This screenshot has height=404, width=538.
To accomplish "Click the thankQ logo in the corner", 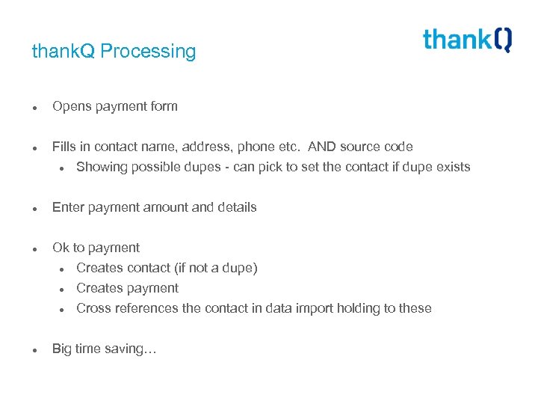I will click(x=467, y=39).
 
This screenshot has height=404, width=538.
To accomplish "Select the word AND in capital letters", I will click(x=324, y=147).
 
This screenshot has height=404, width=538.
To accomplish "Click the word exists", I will click(x=451, y=167).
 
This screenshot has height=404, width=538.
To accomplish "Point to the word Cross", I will click(x=94, y=308).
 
